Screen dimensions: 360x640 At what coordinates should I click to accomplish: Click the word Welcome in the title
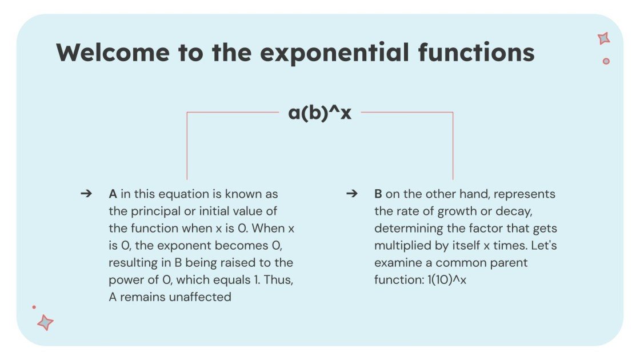pyautogui.click(x=113, y=53)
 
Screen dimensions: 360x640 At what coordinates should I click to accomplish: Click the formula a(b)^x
pyautogui.click(x=319, y=113)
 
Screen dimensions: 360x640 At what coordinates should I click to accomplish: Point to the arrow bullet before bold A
pyautogui.click(x=86, y=194)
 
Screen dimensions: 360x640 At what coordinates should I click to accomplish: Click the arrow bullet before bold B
pyautogui.click(x=352, y=194)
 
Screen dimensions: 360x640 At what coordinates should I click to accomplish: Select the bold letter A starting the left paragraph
pyautogui.click(x=113, y=194)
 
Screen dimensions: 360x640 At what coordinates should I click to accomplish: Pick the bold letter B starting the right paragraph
pyautogui.click(x=378, y=194)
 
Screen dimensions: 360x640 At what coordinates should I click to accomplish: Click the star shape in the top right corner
pyautogui.click(x=603, y=38)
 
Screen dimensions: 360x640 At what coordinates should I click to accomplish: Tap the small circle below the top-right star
pyautogui.click(x=606, y=61)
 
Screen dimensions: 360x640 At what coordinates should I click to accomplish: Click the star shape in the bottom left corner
pyautogui.click(x=45, y=322)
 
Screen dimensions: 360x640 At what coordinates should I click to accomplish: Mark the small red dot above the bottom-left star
pyautogui.click(x=34, y=307)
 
